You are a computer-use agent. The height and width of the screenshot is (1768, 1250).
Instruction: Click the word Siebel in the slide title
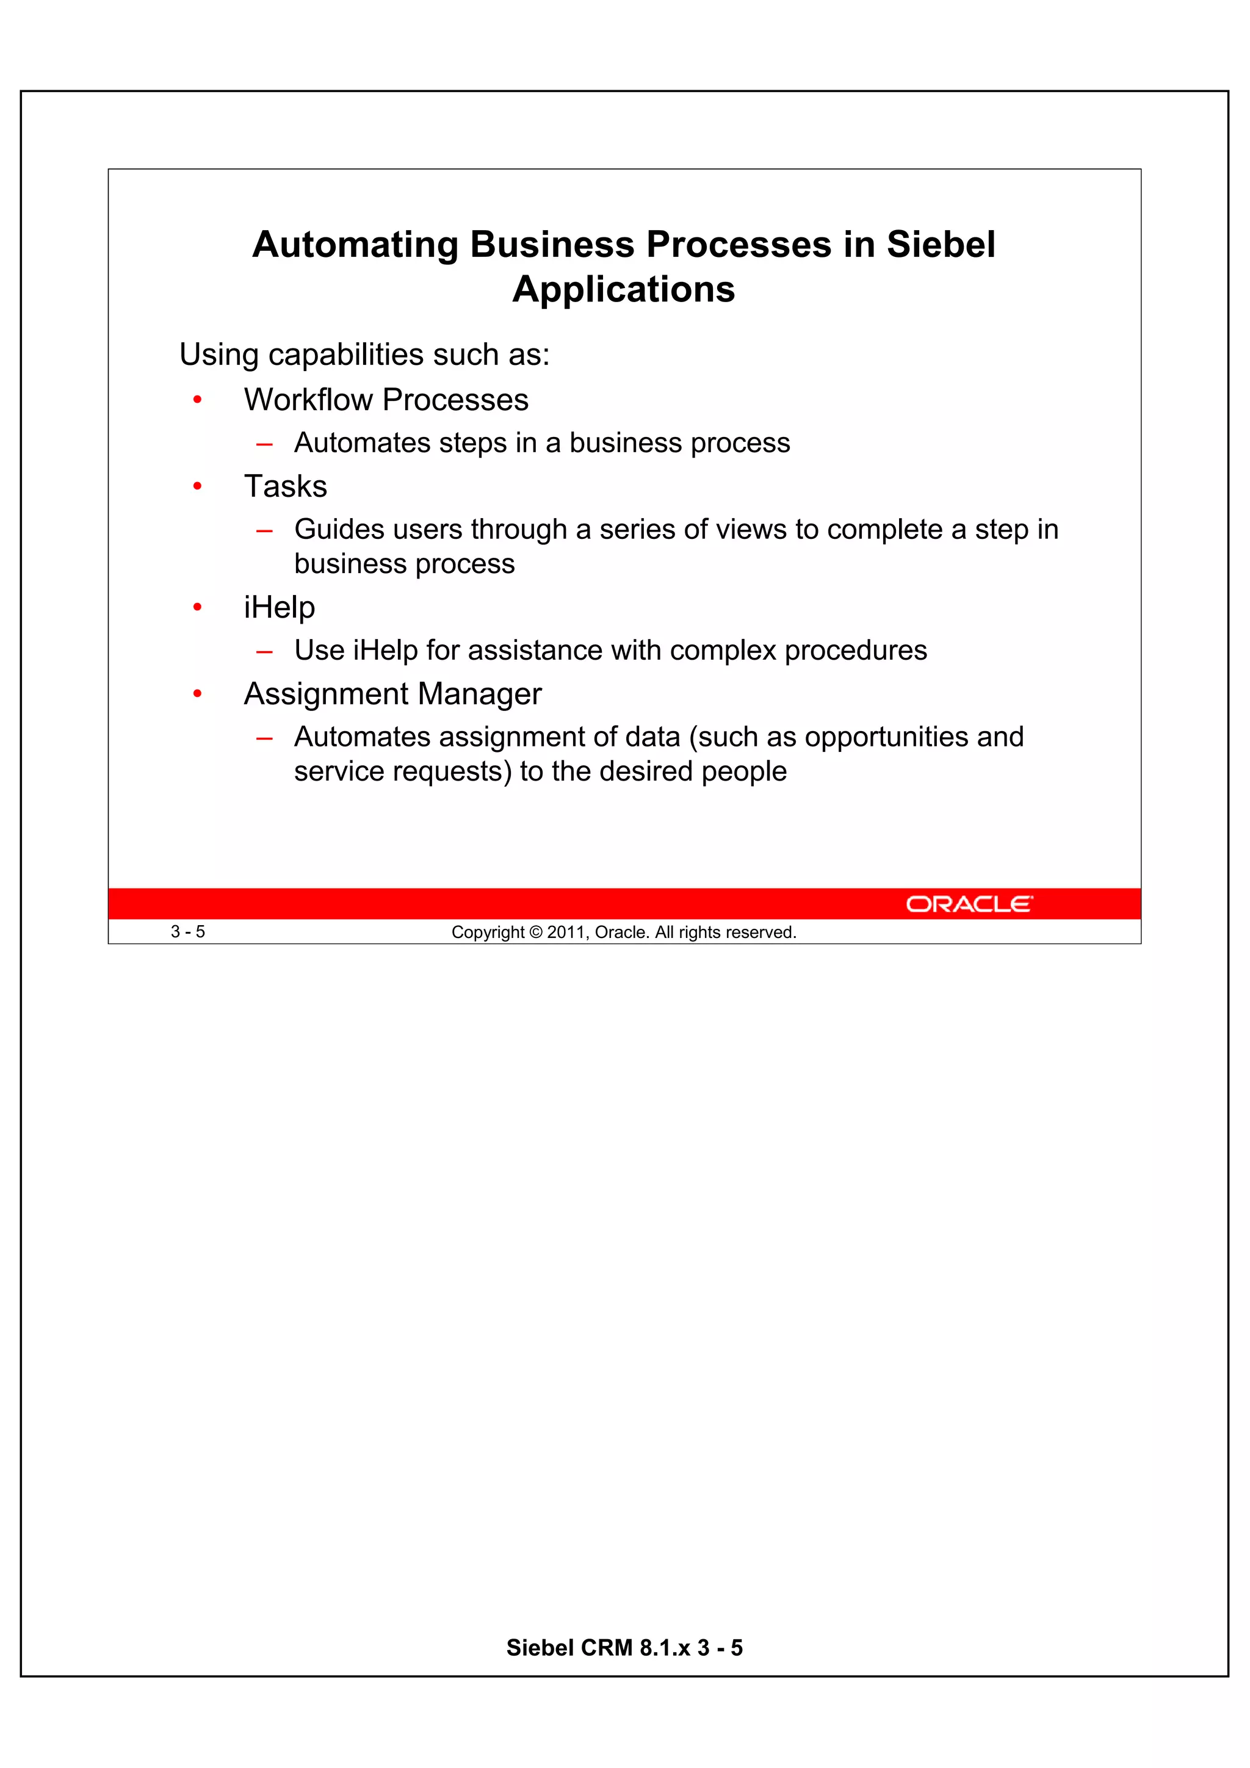point(941,245)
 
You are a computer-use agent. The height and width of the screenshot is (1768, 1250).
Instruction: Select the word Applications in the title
point(624,289)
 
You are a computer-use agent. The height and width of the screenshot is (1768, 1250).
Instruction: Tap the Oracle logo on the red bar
point(969,904)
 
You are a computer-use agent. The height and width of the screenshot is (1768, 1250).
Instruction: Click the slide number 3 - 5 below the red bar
point(188,932)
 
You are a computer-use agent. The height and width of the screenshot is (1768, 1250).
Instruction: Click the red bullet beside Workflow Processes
point(197,400)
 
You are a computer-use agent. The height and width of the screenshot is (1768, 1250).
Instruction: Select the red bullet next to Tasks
point(197,486)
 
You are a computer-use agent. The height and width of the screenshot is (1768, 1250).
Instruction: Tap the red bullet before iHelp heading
point(197,608)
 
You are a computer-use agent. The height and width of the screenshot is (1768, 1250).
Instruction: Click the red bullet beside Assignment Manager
point(197,694)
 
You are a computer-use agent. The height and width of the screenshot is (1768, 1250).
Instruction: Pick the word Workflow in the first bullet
point(309,400)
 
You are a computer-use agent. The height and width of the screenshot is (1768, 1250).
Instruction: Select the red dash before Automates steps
point(264,444)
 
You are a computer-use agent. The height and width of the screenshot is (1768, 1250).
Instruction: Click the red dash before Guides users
point(264,530)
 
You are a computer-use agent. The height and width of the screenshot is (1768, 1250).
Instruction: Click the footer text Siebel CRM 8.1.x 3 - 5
point(624,1647)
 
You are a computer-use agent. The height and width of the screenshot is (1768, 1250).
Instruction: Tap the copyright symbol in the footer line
point(536,933)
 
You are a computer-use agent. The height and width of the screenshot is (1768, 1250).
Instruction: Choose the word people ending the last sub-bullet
point(743,771)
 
